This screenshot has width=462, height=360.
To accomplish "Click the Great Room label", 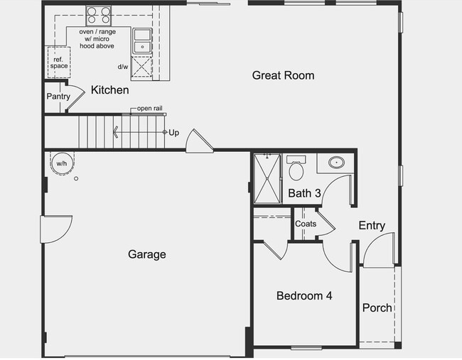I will point(283,75).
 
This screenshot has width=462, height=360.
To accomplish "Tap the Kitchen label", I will point(110,90).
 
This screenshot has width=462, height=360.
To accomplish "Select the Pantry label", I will point(57,96).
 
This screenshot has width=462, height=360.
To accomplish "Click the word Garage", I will point(147,254).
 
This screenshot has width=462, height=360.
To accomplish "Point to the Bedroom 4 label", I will point(304,296).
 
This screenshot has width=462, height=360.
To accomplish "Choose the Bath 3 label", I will point(304,192).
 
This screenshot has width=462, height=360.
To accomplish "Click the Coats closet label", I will point(306,224).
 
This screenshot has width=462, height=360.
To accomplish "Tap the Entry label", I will point(371,226).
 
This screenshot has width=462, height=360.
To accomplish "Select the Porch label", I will point(377,307).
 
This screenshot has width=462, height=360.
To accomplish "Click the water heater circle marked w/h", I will point(62,163).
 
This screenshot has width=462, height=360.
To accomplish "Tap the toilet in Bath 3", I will point(296,170).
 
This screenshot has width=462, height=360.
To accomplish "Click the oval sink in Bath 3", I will point(334,163).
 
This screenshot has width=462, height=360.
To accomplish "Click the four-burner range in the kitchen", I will point(99,15).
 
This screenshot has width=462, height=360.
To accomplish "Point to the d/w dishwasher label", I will point(123,67).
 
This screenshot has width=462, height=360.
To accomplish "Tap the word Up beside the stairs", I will point(173,132).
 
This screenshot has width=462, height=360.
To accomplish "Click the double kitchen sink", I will point(141,40).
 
